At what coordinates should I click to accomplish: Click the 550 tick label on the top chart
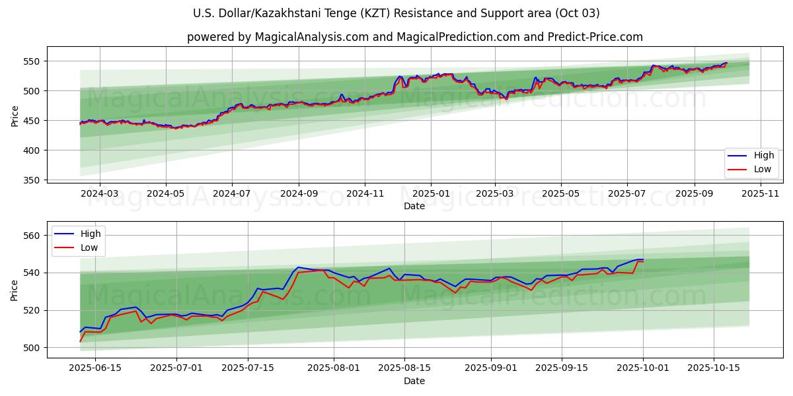(x=31, y=61)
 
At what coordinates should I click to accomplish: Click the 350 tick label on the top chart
(x=31, y=180)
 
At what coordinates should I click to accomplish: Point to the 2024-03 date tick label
(x=100, y=194)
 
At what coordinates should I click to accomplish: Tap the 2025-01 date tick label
(x=431, y=194)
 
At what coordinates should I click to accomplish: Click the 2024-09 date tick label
(x=299, y=194)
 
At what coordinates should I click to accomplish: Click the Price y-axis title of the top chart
(x=15, y=116)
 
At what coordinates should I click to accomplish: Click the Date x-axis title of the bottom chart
(x=414, y=381)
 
